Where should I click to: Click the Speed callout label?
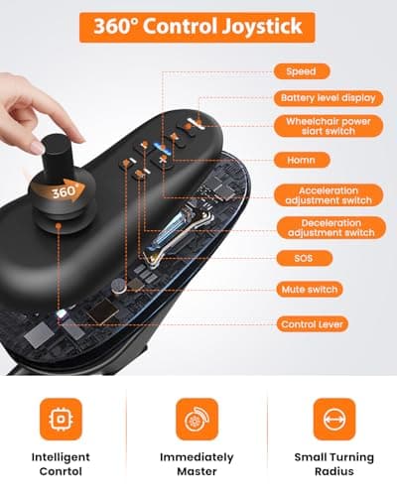(302, 71)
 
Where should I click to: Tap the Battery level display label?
(329, 98)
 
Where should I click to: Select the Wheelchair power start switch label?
(329, 126)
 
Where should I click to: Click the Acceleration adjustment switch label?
(329, 195)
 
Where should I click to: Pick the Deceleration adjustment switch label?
(331, 227)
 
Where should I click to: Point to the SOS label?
(304, 258)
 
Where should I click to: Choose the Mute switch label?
(310, 290)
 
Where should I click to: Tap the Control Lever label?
(313, 324)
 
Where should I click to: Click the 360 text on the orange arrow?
(63, 191)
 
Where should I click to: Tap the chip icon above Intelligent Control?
(61, 420)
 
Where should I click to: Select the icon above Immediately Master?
(198, 420)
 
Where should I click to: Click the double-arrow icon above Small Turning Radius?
(334, 420)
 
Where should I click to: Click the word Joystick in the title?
(262, 27)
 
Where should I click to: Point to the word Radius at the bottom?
(334, 471)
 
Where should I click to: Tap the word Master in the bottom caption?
(197, 471)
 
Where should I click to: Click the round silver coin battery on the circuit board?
(119, 286)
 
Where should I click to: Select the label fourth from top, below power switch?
(302, 160)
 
